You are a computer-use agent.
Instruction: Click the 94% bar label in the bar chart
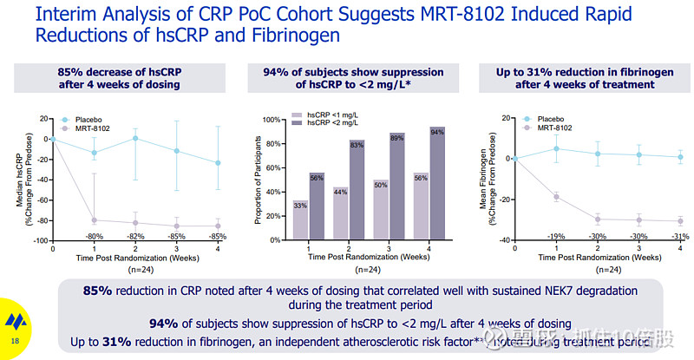coord(436,132)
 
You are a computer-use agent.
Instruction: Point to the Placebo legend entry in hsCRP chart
coord(84,119)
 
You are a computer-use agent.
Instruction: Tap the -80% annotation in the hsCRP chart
coord(95,236)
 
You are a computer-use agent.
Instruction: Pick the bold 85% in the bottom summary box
coord(97,291)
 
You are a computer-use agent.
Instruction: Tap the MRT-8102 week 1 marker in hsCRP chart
coord(94,220)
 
